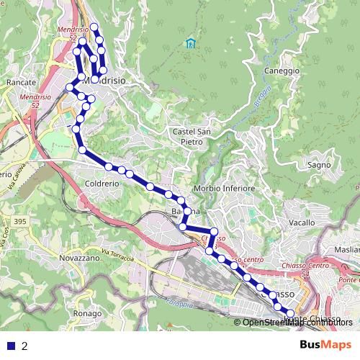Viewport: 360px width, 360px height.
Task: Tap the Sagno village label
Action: [318, 165]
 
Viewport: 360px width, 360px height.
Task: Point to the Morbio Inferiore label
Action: [225, 189]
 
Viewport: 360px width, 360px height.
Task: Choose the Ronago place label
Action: [87, 314]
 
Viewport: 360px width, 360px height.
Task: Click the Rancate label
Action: [21, 83]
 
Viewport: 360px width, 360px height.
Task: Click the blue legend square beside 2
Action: [10, 346]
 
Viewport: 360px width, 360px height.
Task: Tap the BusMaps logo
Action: [327, 345]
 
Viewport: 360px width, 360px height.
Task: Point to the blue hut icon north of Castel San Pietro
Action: [190, 43]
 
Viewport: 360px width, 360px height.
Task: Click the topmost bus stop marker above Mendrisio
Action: [94, 27]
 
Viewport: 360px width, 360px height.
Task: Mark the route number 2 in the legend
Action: [25, 346]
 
